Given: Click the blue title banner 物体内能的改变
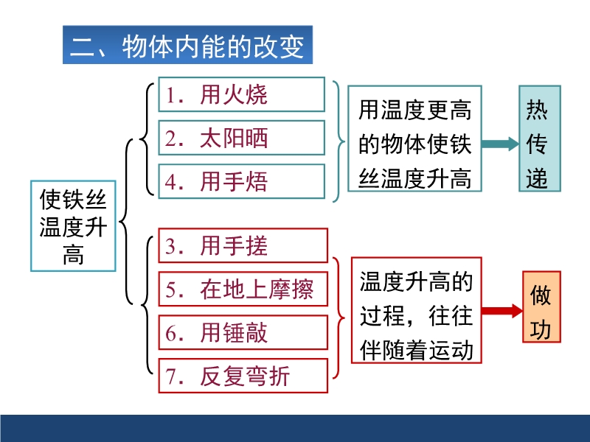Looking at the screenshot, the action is point(187,45).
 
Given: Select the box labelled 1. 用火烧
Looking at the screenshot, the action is point(242,94).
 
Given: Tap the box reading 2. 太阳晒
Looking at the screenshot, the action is point(242,138).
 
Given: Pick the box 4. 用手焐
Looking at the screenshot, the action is point(242,181).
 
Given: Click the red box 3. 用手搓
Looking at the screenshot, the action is point(243,245).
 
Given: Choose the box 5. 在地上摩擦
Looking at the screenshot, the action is point(243,289).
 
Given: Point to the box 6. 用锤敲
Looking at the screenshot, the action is point(243,333).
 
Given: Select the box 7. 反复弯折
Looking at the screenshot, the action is point(243,376).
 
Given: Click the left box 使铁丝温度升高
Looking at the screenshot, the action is point(73,226).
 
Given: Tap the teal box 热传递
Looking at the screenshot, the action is point(540,138).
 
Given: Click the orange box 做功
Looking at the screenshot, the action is point(542,306).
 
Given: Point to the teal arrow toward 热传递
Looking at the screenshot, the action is point(501,144).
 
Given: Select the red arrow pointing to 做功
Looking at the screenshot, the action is point(502,310).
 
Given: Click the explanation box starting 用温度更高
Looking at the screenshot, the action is point(414,138).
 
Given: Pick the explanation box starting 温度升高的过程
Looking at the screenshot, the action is point(417,310).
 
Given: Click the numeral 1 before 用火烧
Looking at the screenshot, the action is point(170,95).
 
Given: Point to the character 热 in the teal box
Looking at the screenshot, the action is point(537,109).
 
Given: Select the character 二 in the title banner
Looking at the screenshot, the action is point(83,47).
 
